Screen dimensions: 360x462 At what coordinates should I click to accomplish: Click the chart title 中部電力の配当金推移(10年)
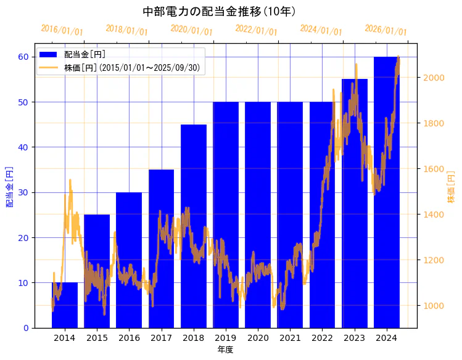coord(219,12)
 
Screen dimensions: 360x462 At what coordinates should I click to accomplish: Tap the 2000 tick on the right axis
coord(433,78)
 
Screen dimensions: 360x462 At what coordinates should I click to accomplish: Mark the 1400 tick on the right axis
coord(433,215)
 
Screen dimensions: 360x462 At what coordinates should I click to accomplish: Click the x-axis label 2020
coord(258,338)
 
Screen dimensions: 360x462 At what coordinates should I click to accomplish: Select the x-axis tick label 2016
coord(129,338)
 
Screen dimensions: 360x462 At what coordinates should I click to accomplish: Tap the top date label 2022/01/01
coord(257,30)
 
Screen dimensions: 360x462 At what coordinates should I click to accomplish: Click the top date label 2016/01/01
coord(62,30)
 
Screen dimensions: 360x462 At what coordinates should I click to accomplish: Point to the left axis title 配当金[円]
coord(9,187)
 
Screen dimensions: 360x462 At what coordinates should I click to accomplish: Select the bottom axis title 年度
coord(225,350)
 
